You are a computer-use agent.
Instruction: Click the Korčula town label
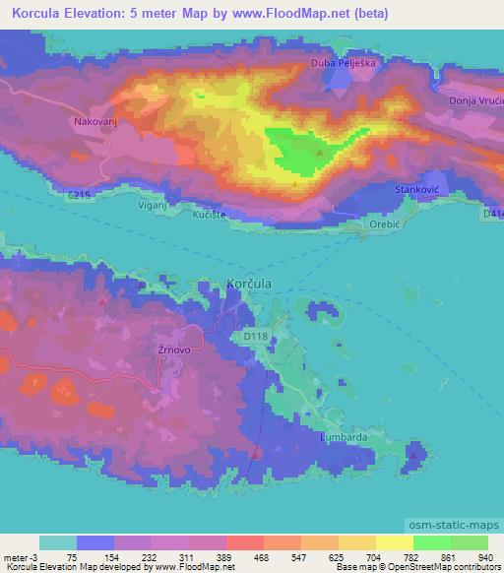[249, 283]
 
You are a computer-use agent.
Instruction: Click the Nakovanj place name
[94, 123]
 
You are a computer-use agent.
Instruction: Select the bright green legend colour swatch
[431, 542]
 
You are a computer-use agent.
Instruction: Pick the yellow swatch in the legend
[356, 542]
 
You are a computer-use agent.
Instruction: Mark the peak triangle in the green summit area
[320, 154]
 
